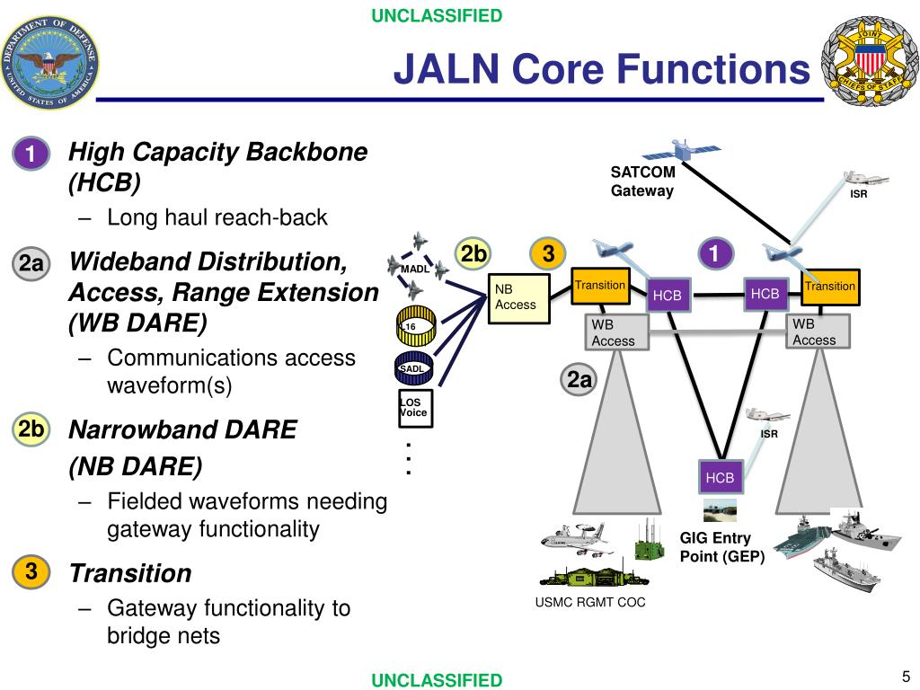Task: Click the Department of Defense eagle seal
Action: pos(50,62)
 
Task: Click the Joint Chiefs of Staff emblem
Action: pos(870,62)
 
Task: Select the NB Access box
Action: pos(519,298)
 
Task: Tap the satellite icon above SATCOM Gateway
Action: pos(682,150)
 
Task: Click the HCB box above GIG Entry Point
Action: pos(721,478)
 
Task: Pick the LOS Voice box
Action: pos(415,408)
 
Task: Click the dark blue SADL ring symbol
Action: pos(414,368)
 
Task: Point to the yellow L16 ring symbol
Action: pos(416,325)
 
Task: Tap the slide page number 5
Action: pos(906,677)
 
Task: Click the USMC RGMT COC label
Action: pos(590,603)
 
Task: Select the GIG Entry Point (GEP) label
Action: pos(722,547)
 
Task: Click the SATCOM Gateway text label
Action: pos(642,181)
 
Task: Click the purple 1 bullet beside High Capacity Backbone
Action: pos(31,154)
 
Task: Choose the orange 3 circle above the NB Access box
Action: pos(548,253)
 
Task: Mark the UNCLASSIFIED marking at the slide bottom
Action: pos(438,680)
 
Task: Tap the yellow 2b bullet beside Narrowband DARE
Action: pos(31,429)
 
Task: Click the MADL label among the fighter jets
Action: pos(415,269)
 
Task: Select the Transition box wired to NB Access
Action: pos(600,286)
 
